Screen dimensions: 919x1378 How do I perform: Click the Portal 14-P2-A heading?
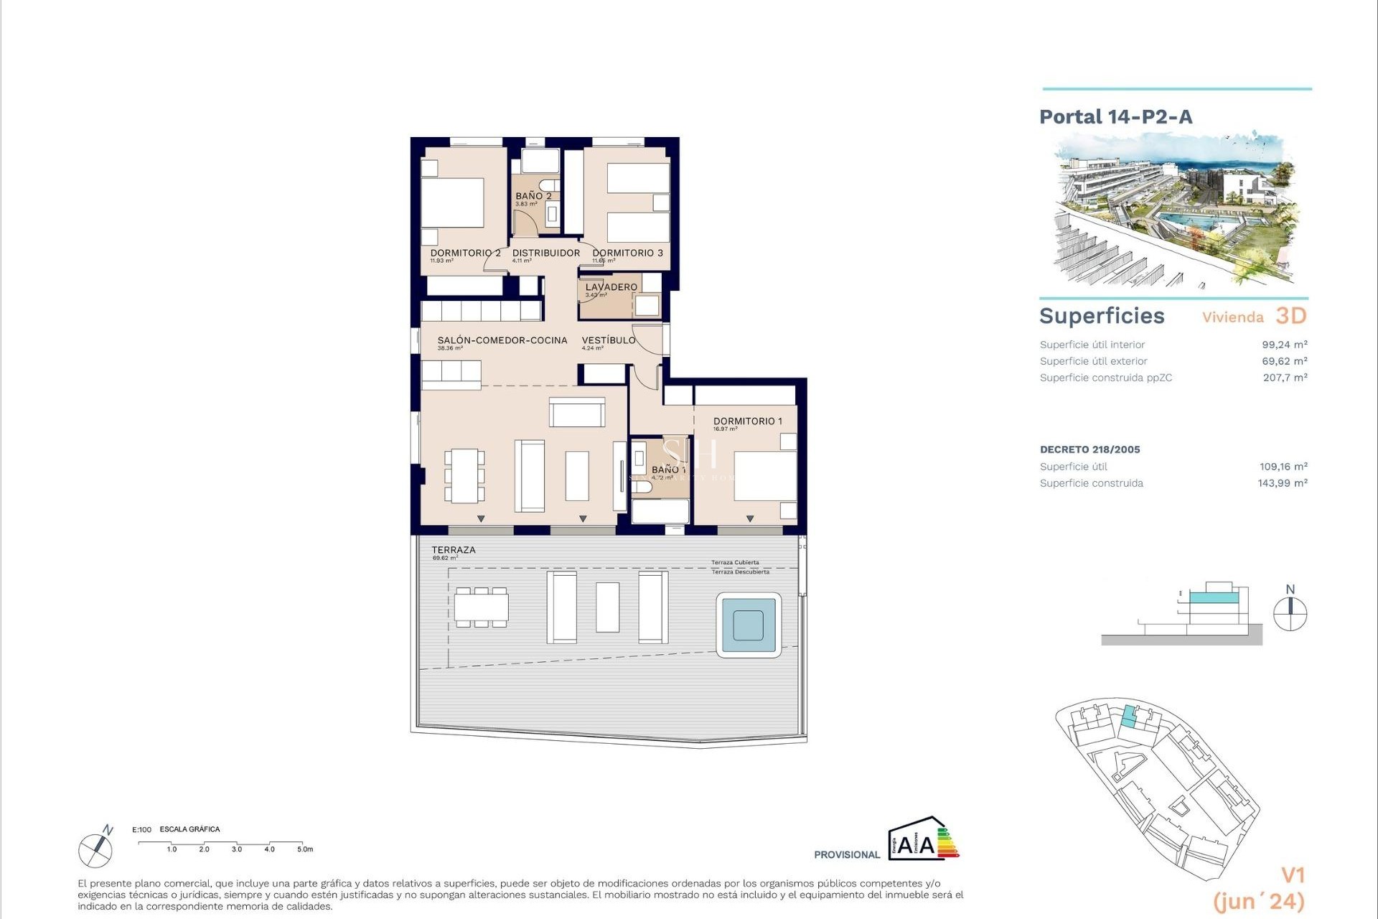1115,117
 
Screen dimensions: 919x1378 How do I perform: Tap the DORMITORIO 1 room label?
747,421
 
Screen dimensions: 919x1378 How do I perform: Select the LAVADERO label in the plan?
611,287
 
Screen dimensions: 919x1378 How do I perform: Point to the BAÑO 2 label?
533,196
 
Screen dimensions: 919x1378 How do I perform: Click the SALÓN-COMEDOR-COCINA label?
502,340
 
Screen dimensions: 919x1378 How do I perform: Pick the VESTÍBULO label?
608,340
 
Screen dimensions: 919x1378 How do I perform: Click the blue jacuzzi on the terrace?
749,625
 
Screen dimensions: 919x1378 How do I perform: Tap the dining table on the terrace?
481,607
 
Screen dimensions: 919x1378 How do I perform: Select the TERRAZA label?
453,550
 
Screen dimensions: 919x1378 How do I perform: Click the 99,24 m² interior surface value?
1284,345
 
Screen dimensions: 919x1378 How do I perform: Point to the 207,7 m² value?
1285,378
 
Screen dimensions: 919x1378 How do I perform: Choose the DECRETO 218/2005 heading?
1089,449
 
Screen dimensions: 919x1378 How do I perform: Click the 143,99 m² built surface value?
1282,483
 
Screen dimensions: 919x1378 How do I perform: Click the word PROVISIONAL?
846,854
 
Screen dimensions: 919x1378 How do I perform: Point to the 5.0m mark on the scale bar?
304,849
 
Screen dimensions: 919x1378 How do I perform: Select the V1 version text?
1293,875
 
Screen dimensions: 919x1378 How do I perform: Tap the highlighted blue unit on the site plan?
1130,718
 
